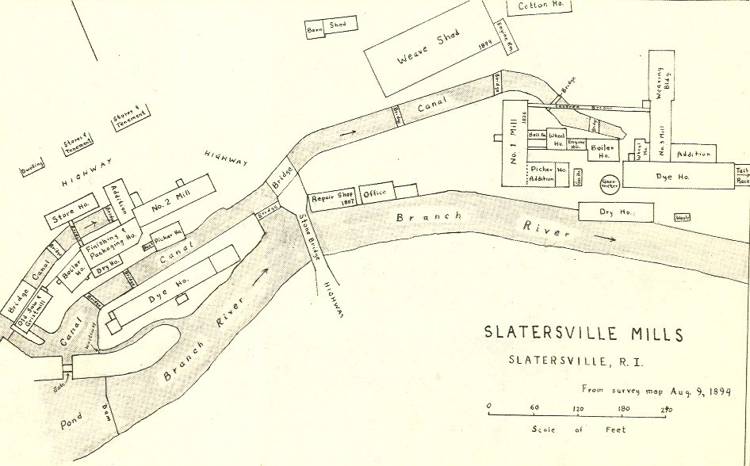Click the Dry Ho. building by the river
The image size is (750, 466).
tap(616, 212)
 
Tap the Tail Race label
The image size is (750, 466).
tap(742, 175)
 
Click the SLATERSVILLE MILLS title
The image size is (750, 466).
tap(583, 334)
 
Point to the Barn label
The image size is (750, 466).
tap(314, 29)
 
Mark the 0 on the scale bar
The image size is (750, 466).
tap(489, 410)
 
